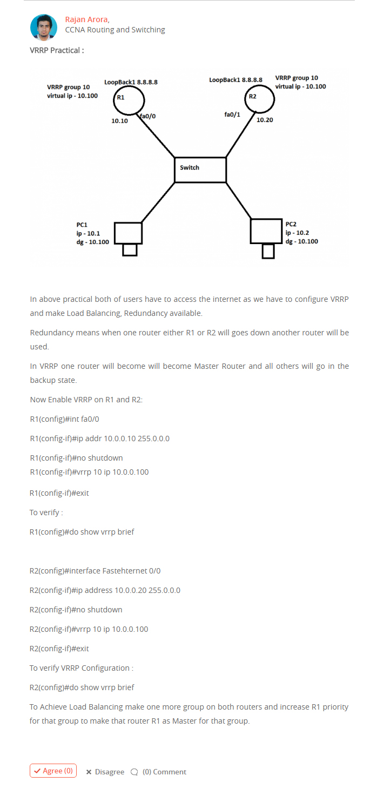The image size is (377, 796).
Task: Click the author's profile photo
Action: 44,28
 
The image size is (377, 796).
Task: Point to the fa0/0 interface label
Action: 148,116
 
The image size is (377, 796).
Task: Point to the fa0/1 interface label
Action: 233,114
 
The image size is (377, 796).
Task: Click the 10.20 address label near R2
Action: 265,120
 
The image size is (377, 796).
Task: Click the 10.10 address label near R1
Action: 119,121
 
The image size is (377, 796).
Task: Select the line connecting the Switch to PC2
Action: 239,200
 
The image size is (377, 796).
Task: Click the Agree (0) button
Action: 53,771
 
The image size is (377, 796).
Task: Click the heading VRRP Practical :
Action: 57,50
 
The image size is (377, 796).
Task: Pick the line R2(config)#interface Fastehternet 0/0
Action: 95,570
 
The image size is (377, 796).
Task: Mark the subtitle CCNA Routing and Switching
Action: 115,30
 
